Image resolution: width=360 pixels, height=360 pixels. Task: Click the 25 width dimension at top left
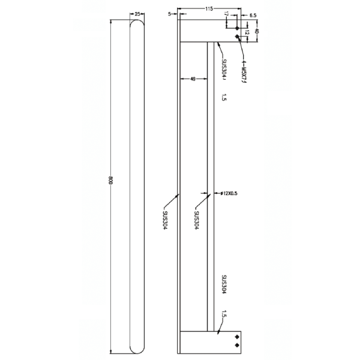pos(137,13)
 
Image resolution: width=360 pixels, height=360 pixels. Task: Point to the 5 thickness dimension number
pos(170,13)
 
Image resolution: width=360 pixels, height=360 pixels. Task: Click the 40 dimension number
pos(257,31)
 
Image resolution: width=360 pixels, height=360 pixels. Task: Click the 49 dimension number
pos(192,78)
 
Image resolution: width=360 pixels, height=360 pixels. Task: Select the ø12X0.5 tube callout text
pos(230,193)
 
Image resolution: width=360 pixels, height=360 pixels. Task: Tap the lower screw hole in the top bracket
pos(238,37)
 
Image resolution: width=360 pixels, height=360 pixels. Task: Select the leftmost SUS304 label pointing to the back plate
pos(164,219)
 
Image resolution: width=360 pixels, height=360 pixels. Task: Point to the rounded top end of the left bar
pos(137,24)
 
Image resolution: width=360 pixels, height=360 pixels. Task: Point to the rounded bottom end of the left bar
pos(137,347)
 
